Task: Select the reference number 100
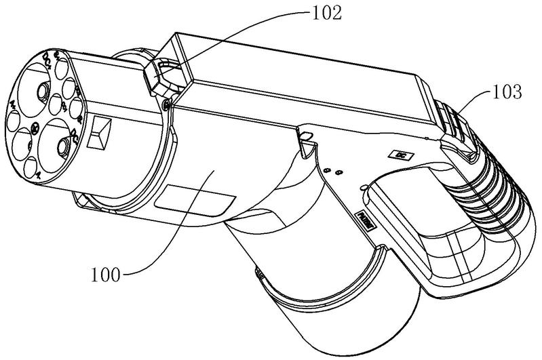coord(104,275)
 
